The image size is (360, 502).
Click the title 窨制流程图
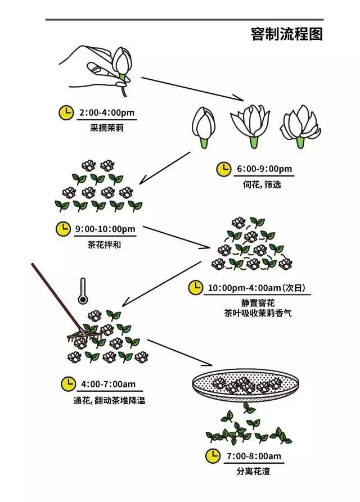coord(287,34)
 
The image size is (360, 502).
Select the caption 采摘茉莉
coord(106,128)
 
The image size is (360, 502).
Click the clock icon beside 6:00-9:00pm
coord(224,169)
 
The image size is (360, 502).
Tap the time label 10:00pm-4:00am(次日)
coord(256,288)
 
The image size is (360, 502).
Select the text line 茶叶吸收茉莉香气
coord(258,314)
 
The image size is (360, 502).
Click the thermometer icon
coord(83,290)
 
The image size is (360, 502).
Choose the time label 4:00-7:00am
coord(109,385)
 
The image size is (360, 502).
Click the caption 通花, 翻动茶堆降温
coord(105,401)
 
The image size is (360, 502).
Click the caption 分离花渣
coord(253,471)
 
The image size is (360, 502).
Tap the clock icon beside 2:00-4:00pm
coord(66,112)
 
